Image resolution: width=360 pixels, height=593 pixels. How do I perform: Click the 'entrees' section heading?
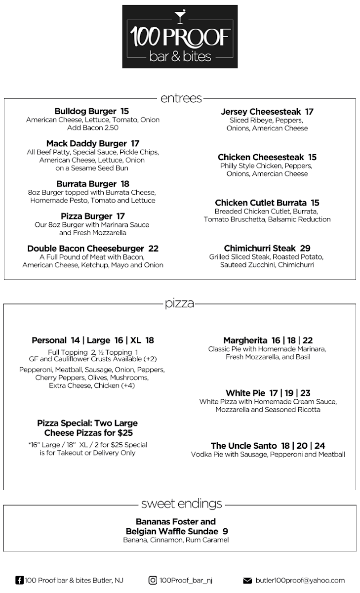pyautogui.click(x=181, y=98)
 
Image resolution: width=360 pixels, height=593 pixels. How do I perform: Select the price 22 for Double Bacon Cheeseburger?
pyautogui.click(x=154, y=249)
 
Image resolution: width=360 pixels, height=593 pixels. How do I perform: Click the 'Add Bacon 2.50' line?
pyautogui.click(x=93, y=127)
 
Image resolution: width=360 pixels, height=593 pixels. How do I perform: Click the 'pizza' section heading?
pyautogui.click(x=180, y=303)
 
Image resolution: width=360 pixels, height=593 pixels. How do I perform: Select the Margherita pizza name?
pyautogui.click(x=245, y=340)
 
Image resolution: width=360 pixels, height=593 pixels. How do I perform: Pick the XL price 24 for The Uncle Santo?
pyautogui.click(x=320, y=446)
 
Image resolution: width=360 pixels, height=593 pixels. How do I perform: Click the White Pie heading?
pyautogui.click(x=245, y=393)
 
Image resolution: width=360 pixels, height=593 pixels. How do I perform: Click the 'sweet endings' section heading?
pyautogui.click(x=181, y=504)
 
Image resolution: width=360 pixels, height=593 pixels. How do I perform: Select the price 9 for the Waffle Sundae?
pyautogui.click(x=225, y=532)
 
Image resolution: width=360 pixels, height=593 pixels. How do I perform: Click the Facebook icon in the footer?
pyautogui.click(x=19, y=580)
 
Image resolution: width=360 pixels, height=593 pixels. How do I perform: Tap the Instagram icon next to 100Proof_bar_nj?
pyautogui.click(x=153, y=580)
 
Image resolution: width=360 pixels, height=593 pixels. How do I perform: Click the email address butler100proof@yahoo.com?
pyautogui.click(x=300, y=581)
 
